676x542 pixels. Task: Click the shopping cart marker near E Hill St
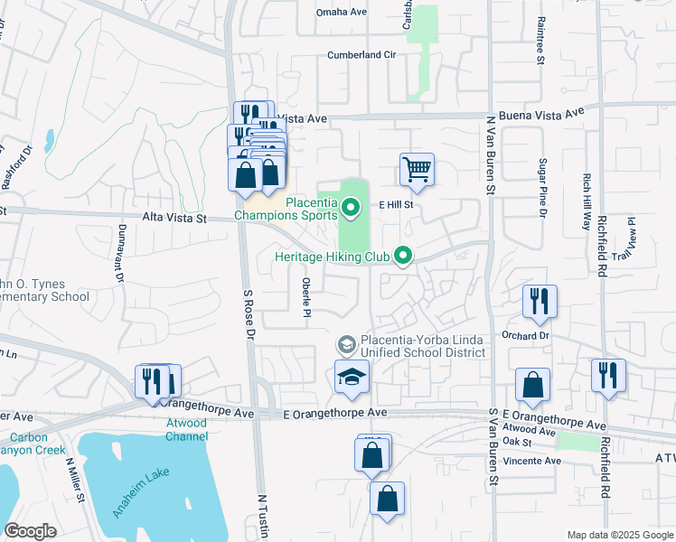point(417,168)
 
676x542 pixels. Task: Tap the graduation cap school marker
point(352,378)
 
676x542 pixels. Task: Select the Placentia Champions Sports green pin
point(352,210)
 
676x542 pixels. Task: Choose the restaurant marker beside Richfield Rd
point(608,375)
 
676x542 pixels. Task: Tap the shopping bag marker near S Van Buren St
point(533,384)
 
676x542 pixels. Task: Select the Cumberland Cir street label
point(361,55)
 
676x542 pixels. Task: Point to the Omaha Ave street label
point(342,12)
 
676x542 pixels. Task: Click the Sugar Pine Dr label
point(544,188)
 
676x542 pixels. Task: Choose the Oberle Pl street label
point(306,296)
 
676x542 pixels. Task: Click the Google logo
point(31,531)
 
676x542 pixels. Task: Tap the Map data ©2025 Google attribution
point(620,535)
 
